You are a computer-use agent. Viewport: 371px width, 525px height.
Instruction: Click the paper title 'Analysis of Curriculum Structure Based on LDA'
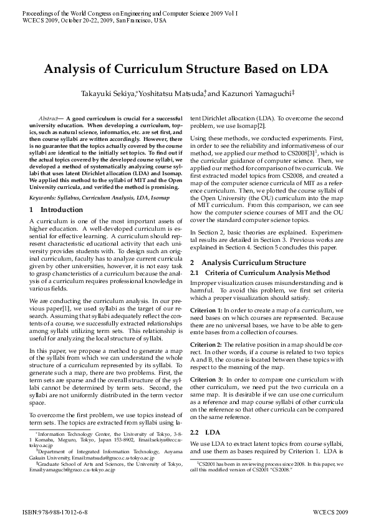click(185, 70)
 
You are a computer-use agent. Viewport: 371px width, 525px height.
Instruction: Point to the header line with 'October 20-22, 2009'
click(94, 21)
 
